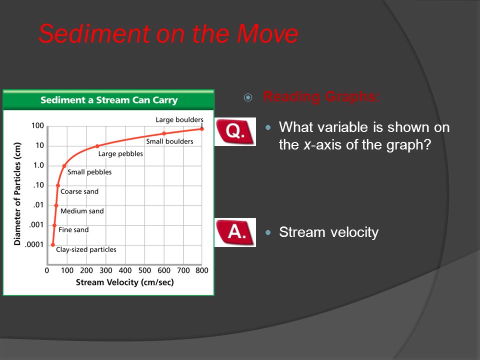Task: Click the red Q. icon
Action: click(x=235, y=131)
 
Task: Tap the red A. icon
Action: click(x=235, y=232)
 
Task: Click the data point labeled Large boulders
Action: click(x=201, y=129)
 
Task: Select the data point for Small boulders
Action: click(x=164, y=133)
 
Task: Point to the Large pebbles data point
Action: click(x=97, y=146)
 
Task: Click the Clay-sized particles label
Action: click(x=86, y=249)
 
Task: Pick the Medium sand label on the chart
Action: click(x=82, y=211)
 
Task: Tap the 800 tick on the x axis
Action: click(x=202, y=270)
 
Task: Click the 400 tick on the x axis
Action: click(x=125, y=270)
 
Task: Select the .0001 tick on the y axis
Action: click(x=34, y=244)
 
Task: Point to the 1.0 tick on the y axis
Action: click(x=39, y=165)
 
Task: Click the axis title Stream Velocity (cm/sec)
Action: click(x=125, y=282)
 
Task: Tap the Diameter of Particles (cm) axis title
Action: click(x=17, y=194)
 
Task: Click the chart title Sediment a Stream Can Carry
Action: click(x=109, y=100)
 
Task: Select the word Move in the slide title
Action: click(x=267, y=33)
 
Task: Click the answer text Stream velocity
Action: click(x=329, y=232)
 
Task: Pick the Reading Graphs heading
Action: click(x=321, y=96)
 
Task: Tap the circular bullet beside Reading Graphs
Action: click(x=248, y=97)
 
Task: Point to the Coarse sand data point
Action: click(x=58, y=185)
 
